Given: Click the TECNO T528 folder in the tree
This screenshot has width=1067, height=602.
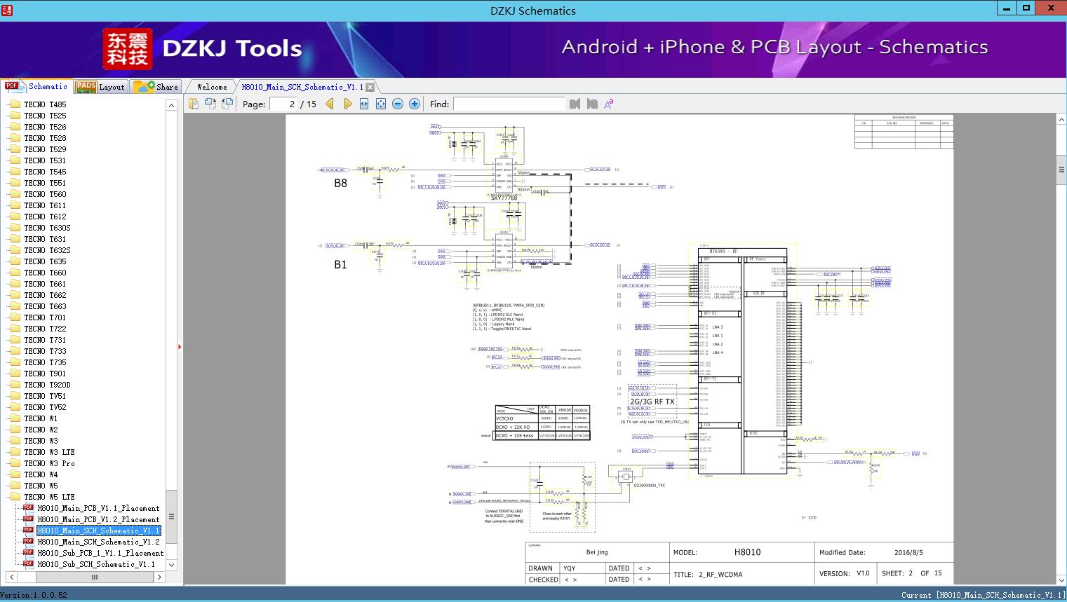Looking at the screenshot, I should [45, 138].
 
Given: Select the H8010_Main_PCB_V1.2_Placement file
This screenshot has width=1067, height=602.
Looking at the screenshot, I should [98, 519].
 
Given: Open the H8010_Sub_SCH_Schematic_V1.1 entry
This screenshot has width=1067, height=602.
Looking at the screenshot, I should [96, 564].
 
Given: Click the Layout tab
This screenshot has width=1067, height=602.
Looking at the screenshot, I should [101, 87].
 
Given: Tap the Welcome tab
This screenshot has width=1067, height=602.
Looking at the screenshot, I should [212, 87].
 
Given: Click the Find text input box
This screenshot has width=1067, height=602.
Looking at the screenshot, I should [509, 104].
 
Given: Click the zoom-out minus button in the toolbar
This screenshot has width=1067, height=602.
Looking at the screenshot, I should [398, 104].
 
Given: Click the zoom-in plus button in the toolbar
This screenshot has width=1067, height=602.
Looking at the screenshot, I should [415, 104].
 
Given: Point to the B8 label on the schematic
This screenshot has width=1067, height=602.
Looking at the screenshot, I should [340, 183].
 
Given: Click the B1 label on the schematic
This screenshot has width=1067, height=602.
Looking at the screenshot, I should [340, 264].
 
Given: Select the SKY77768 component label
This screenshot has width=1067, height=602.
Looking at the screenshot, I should [504, 198].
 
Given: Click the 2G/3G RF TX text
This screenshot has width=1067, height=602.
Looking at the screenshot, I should [652, 402].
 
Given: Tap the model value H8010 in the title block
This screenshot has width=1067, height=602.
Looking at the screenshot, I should [747, 552].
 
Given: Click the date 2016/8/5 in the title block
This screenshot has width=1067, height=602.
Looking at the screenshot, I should [908, 552].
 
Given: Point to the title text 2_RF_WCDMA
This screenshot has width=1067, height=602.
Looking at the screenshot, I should [720, 574].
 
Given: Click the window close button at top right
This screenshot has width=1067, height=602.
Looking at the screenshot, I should [1051, 8].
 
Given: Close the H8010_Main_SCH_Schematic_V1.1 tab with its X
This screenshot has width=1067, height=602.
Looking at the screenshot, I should [370, 87].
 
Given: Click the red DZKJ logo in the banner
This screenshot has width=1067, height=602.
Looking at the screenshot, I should [128, 49].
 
